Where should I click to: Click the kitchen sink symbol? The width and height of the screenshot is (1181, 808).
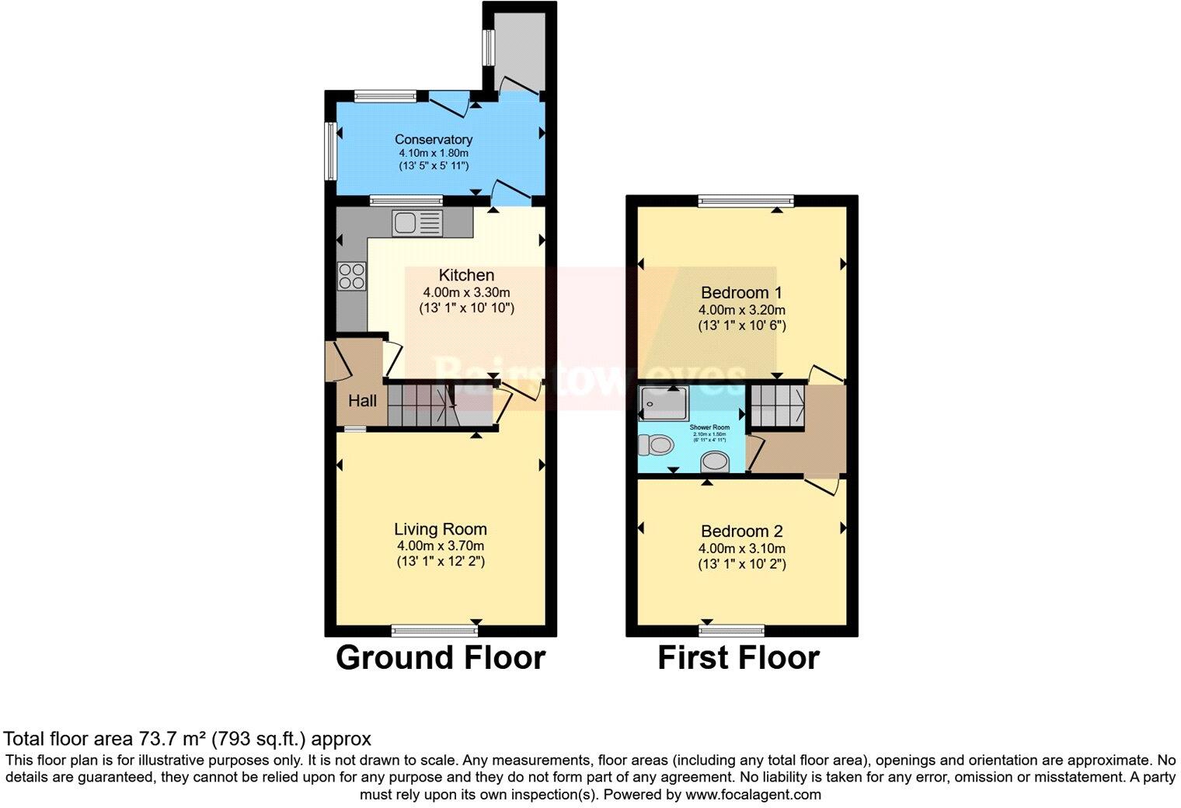click(417, 223)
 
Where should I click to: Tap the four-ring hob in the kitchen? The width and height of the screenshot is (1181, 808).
click(351, 276)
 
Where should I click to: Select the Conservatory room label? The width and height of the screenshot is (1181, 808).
click(434, 140)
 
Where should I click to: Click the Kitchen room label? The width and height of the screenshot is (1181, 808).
click(466, 275)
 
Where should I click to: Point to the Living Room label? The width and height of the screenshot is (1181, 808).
click(441, 529)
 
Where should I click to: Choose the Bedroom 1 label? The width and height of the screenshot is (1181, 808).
click(741, 293)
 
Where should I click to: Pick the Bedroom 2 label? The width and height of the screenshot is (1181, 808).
click(741, 531)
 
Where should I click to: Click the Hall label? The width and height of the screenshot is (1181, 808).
click(362, 401)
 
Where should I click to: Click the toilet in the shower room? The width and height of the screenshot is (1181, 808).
click(654, 445)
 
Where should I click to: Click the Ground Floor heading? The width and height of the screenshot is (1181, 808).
click(441, 657)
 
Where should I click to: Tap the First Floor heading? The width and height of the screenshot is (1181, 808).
click(738, 657)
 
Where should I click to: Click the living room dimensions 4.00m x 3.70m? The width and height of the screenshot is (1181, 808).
click(441, 546)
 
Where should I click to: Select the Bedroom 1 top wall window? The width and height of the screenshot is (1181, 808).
click(746, 201)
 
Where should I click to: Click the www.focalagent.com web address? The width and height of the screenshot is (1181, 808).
click(753, 795)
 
